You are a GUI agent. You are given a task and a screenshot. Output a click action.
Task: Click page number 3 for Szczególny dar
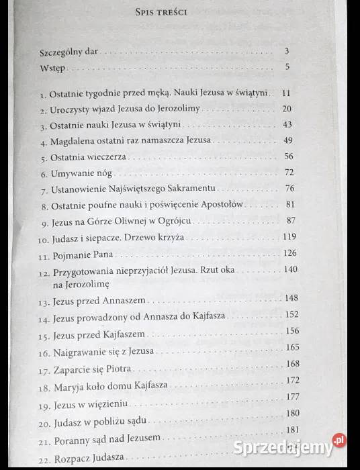pos(287,51)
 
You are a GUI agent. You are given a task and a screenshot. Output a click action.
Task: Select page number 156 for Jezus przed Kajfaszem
pos(292,330)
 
